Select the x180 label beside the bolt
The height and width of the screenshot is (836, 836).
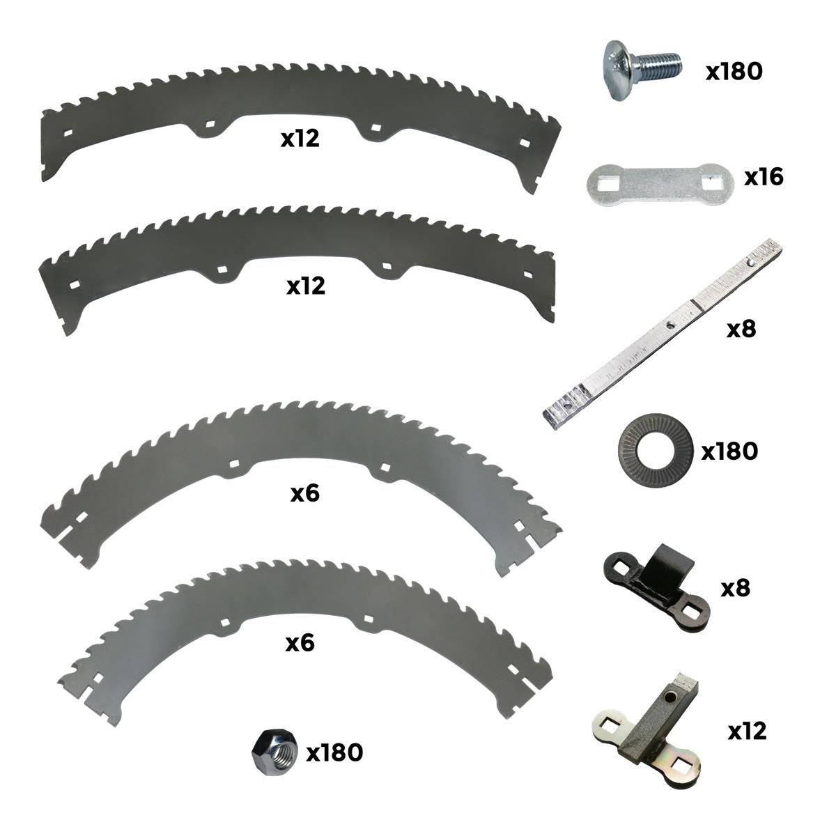point(734,71)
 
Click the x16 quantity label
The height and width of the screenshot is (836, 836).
point(764,177)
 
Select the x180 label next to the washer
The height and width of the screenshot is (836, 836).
point(729,451)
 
